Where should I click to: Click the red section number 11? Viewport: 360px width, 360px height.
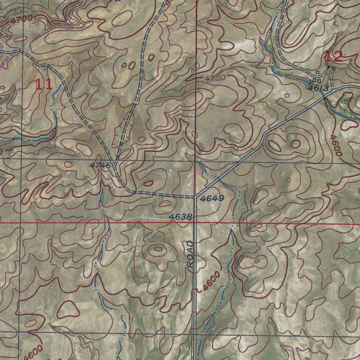pos(44,84)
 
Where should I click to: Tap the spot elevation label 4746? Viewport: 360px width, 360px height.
pos(100,165)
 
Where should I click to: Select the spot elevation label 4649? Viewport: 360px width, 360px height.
pos(212,199)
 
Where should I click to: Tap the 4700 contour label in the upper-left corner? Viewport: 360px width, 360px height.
pos(21,19)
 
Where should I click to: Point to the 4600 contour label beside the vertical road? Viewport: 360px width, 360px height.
pos(211,281)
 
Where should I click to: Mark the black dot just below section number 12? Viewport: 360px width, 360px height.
pos(328,67)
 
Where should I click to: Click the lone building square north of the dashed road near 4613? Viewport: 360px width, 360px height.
pos(317,72)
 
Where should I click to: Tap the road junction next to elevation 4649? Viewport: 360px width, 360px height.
pos(195,197)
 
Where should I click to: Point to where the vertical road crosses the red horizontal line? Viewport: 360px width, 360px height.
pos(195,223)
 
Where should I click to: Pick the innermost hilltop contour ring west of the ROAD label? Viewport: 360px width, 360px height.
pos(158,249)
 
